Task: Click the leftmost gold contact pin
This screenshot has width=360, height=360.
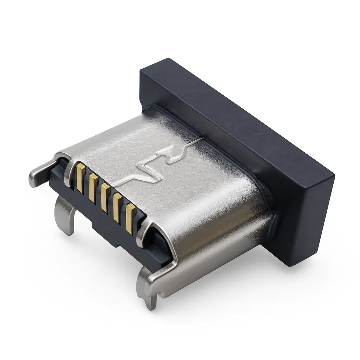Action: [80, 178]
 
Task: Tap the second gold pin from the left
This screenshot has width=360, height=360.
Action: [93, 188]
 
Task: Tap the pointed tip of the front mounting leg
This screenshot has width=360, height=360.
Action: [152, 305]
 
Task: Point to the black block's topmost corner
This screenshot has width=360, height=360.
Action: [168, 59]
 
